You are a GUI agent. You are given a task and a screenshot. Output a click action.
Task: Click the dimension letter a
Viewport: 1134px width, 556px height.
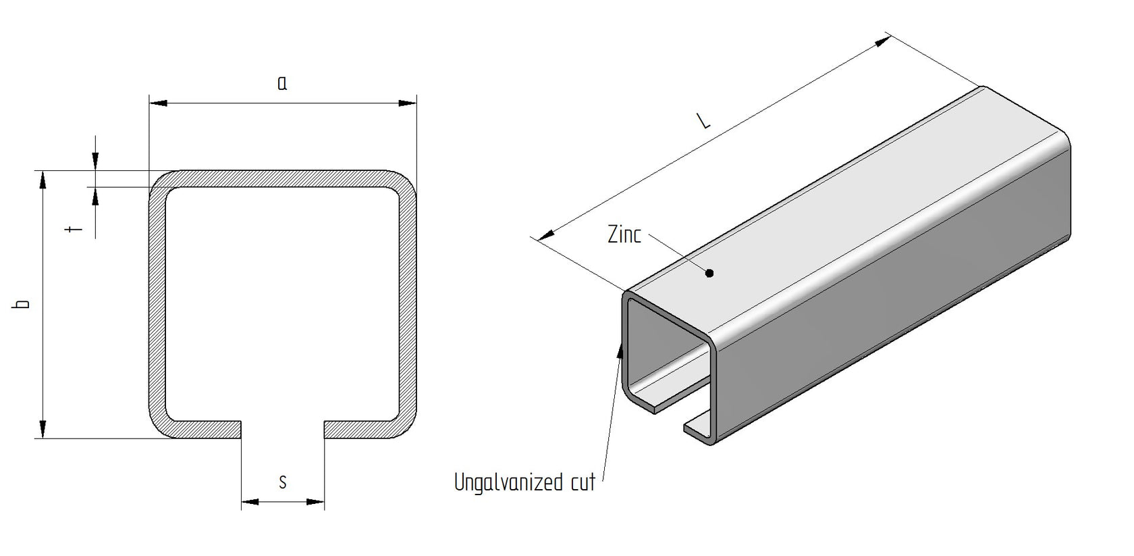tap(282, 83)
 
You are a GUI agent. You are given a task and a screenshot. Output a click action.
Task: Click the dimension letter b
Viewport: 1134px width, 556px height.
tap(24, 304)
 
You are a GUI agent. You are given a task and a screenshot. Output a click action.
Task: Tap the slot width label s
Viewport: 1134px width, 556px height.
tap(283, 482)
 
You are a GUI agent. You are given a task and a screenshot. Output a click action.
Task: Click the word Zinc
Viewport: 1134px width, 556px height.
tap(624, 234)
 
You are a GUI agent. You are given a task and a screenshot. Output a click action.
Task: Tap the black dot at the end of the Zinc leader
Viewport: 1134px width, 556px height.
tap(709, 274)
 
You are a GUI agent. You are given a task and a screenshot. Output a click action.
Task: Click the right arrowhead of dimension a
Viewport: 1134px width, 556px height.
tap(408, 103)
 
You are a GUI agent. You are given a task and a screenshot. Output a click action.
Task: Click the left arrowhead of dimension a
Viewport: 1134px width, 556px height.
tap(157, 103)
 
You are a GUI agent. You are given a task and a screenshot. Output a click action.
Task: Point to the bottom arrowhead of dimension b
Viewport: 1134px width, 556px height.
tap(43, 429)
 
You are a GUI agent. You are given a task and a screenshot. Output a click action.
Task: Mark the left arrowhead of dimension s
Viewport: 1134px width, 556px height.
tap(250, 502)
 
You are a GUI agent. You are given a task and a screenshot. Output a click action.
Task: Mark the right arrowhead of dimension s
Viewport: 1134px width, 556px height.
tap(316, 502)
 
